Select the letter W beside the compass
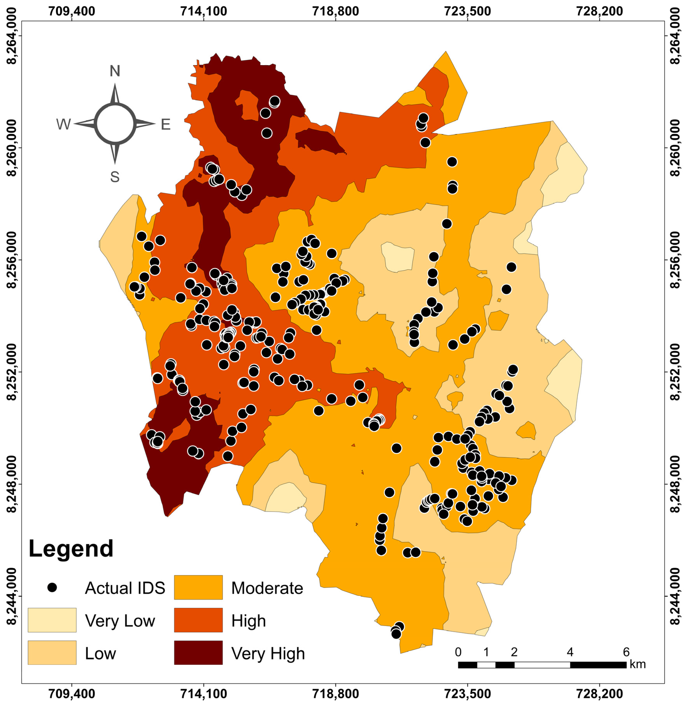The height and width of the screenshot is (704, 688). click(x=63, y=124)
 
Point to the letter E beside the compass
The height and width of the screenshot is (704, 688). click(x=166, y=124)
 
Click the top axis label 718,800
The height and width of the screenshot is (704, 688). click(x=336, y=11)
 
